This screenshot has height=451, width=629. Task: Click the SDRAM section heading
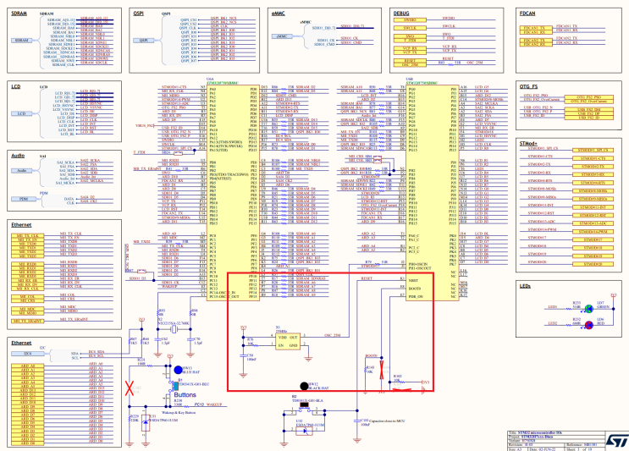click(x=21, y=7)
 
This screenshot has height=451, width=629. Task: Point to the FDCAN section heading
click(x=529, y=7)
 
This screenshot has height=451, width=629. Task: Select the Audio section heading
click(x=19, y=155)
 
